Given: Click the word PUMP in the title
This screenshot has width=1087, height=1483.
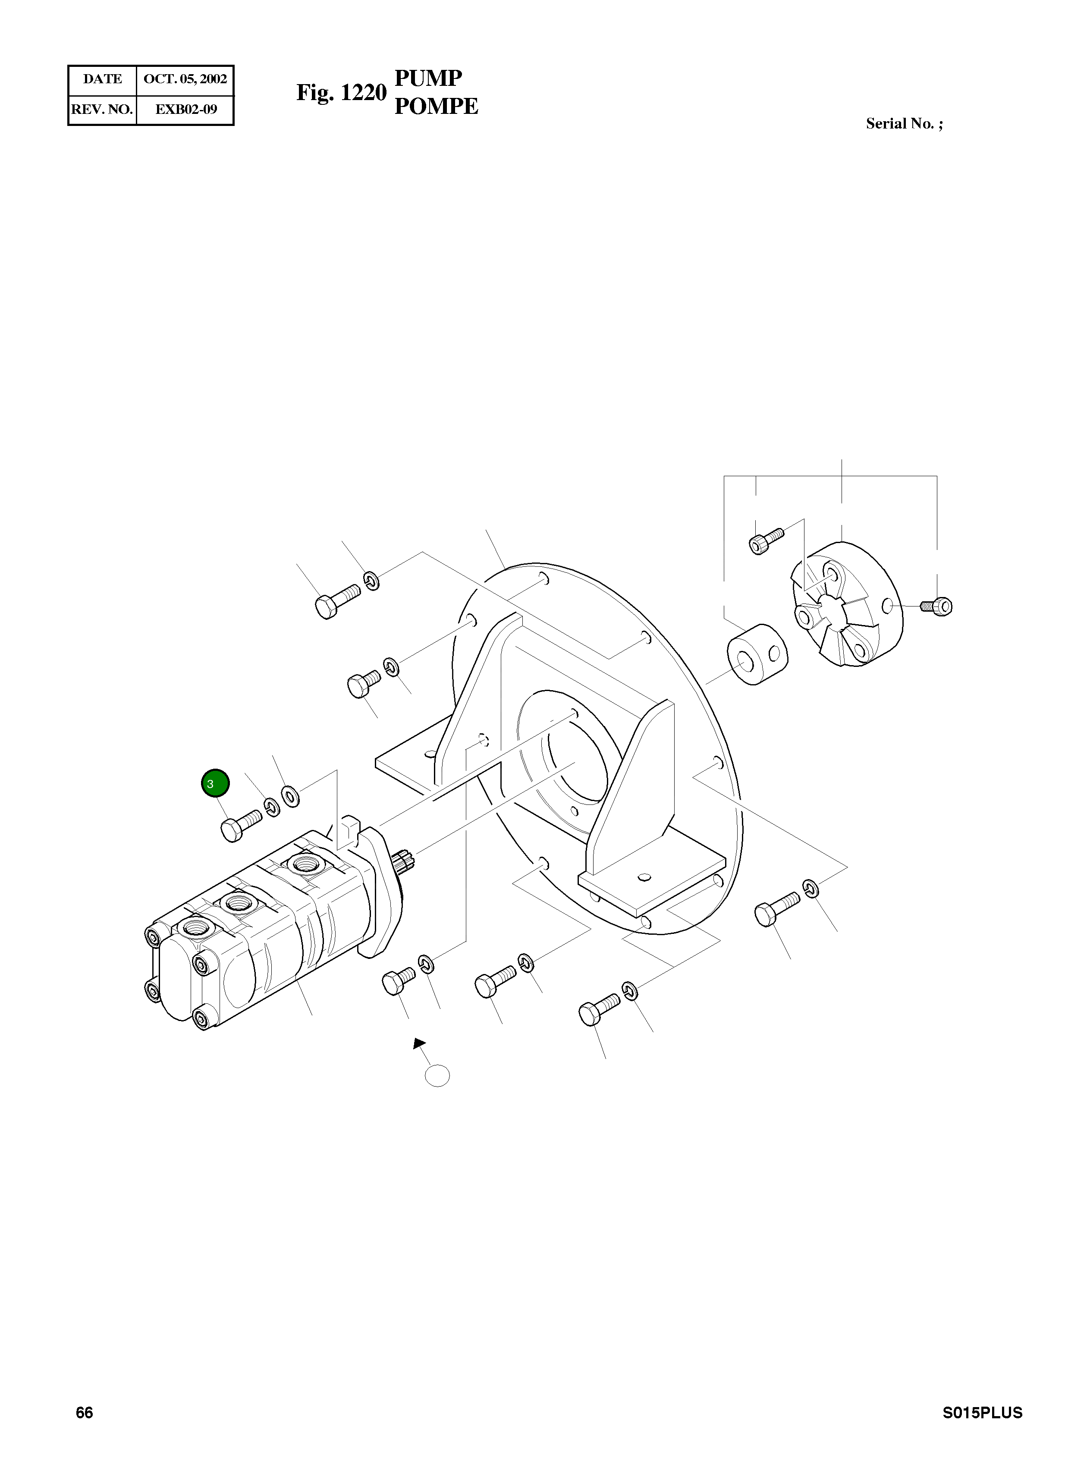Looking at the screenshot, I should (428, 79).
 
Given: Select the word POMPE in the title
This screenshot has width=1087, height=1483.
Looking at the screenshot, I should (436, 106).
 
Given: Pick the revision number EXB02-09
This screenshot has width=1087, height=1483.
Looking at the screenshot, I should (185, 109).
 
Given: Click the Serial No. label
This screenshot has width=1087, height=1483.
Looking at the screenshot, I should (903, 124).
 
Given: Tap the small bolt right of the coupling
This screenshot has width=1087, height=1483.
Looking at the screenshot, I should (938, 604).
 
